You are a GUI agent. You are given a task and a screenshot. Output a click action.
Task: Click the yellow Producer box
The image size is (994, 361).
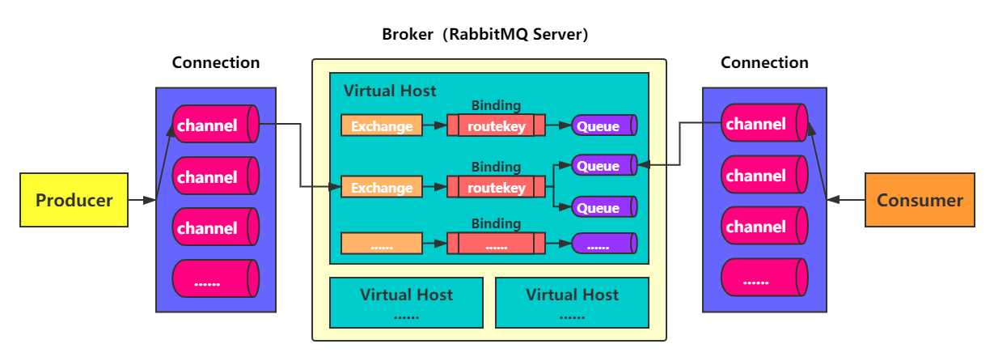tap(74, 200)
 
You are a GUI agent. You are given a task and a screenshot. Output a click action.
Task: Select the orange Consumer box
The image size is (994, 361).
tap(920, 200)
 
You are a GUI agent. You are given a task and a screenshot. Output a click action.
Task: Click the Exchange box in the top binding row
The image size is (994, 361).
tap(382, 125)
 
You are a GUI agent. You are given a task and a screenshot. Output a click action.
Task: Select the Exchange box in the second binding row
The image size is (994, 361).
tap(382, 188)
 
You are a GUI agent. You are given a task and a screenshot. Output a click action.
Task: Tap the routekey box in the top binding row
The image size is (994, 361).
tap(496, 125)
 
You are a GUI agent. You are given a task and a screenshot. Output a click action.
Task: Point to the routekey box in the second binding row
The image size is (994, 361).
tap(496, 188)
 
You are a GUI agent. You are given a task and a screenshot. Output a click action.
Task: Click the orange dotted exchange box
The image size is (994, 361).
tap(382, 243)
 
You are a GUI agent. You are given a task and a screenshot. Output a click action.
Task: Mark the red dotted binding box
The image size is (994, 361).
tap(496, 243)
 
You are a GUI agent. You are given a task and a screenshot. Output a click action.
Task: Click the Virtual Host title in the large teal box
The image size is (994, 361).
tap(390, 91)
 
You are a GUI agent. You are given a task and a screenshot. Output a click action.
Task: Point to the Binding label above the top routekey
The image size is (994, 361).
tap(496, 105)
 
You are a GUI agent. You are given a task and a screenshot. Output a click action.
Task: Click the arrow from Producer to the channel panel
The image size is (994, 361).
tap(142, 200)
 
